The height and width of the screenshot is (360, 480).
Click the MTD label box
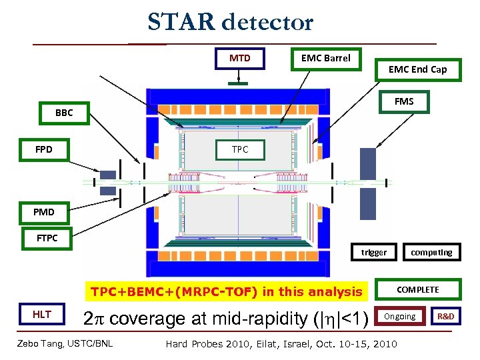240,59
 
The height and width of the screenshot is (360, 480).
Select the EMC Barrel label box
325,59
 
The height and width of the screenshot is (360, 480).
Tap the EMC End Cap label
417,69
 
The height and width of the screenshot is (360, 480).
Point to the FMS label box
404,101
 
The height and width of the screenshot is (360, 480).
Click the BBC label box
64,113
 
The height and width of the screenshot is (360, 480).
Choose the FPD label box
43,149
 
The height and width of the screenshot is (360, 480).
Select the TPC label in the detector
240,149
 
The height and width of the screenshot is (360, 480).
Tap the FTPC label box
47,238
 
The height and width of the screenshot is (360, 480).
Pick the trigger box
373,252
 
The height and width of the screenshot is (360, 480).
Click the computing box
431,252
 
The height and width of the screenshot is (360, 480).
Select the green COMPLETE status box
418,289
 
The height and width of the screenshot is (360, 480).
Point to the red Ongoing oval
400,317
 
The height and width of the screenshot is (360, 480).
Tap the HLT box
42,315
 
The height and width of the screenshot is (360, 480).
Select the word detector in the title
267,23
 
